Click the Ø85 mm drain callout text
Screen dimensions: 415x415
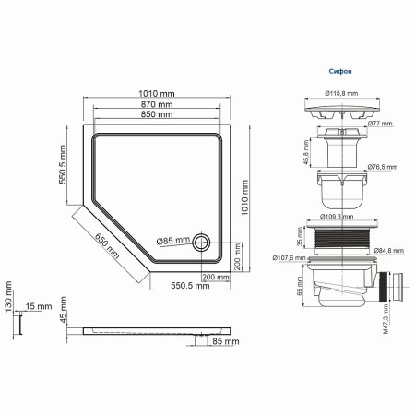(171, 241)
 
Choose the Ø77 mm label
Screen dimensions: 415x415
(380, 123)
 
